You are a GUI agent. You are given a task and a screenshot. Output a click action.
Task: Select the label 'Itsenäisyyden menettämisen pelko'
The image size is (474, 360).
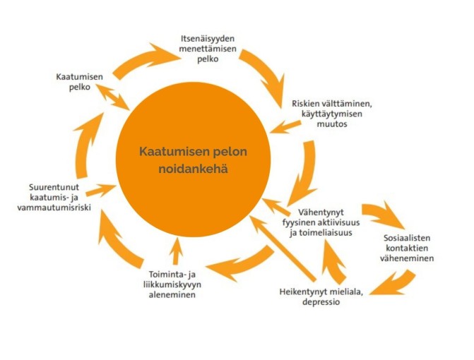click(208, 49)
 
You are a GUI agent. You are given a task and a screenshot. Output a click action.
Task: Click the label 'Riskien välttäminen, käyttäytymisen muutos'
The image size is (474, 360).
click(332, 114)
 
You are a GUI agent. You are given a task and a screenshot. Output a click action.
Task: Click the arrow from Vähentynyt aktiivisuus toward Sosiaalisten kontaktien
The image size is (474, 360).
click(382, 215)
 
